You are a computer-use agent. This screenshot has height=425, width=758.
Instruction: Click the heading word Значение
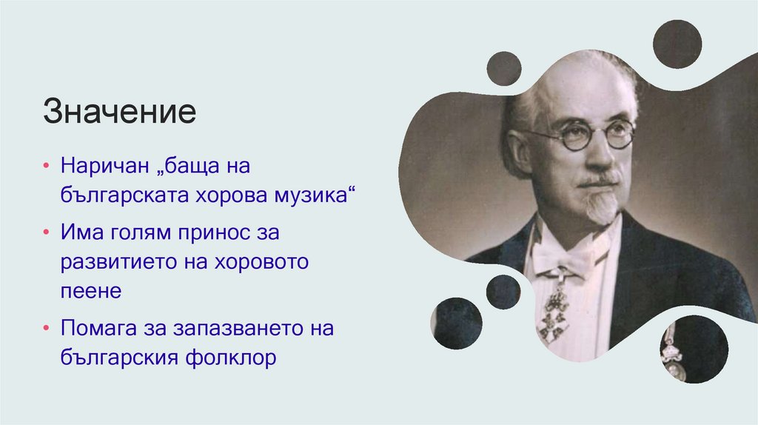pos(119,113)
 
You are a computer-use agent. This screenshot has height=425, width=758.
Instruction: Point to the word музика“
pos(315,197)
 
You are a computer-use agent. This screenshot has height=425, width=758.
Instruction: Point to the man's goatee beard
pos(600,204)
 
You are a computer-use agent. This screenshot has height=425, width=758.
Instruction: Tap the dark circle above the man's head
pos(503,69)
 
